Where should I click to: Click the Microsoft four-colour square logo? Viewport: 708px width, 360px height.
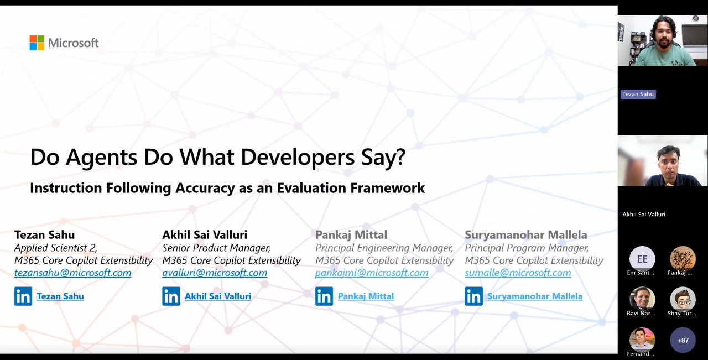coord(37,43)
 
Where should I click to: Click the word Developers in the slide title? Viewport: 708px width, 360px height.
coord(298,158)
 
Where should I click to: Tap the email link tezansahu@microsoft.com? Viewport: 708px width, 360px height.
coord(72,273)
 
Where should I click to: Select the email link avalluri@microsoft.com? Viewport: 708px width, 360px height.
coord(215,273)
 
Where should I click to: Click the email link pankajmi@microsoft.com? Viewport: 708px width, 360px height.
coord(372,273)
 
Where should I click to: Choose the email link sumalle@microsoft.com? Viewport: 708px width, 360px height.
coord(518,273)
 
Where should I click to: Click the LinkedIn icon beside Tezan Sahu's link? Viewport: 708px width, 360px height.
coord(23,296)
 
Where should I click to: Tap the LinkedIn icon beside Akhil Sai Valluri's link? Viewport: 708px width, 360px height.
coord(171,296)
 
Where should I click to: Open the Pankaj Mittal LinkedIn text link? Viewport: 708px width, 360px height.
coord(366,296)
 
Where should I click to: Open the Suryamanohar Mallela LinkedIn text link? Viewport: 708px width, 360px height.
coord(535,296)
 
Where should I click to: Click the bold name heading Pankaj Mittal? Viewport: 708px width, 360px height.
coord(351,235)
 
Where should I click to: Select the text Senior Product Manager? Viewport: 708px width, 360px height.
coord(216,248)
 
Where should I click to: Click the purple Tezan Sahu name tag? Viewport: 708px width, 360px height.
coord(638,94)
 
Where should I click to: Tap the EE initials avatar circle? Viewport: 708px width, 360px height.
coord(642,259)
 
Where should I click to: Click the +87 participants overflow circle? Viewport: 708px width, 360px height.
coord(683,341)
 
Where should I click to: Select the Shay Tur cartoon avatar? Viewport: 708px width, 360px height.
coord(683,300)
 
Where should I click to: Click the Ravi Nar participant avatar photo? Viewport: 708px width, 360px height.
coord(642,300)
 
